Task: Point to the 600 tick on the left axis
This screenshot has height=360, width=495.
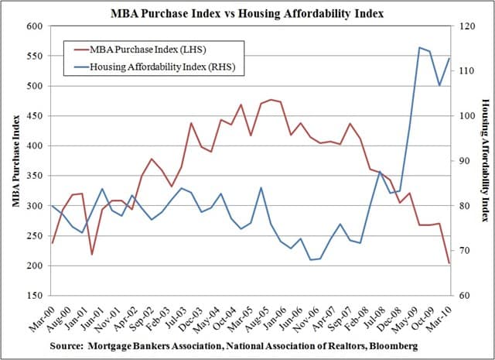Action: click(x=34, y=26)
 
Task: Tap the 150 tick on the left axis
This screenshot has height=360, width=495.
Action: click(x=34, y=296)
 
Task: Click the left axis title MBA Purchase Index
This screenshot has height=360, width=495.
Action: click(x=15, y=161)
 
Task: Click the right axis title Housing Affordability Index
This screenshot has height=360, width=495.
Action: click(x=485, y=161)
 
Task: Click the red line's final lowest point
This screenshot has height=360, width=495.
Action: click(x=450, y=263)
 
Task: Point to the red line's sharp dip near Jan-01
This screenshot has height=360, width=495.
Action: click(x=92, y=254)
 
